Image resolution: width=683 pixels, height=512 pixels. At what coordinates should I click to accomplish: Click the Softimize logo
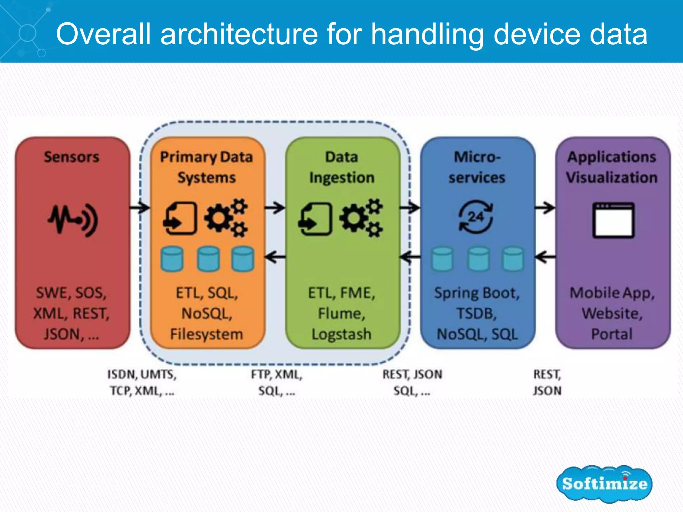click(x=604, y=483)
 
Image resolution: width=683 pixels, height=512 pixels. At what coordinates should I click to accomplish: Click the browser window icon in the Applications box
click(x=613, y=220)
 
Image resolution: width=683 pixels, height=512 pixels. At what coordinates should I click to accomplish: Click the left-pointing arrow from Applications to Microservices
click(x=545, y=257)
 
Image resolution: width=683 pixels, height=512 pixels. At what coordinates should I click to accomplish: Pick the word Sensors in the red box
click(x=72, y=157)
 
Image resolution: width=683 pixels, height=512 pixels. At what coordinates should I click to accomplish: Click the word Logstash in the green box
click(x=341, y=334)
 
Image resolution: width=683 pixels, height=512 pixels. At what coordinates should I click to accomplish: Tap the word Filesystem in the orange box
click(x=206, y=334)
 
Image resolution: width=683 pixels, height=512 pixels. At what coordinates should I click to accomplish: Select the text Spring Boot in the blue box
click(x=477, y=293)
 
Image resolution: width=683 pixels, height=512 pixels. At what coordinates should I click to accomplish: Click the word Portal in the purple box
click(x=612, y=334)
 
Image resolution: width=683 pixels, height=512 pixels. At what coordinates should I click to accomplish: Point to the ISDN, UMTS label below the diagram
click(x=142, y=374)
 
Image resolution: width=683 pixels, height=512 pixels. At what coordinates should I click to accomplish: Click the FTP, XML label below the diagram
click(x=277, y=374)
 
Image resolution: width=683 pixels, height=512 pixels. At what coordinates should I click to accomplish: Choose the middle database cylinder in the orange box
click(x=208, y=259)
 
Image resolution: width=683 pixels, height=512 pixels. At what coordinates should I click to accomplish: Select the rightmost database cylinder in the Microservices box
click(x=513, y=259)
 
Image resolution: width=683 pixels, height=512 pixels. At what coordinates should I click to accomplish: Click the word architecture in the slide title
click(x=239, y=34)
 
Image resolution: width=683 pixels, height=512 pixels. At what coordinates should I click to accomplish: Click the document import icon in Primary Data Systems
click(x=180, y=219)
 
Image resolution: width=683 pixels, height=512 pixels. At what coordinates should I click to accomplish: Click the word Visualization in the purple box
click(x=612, y=177)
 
